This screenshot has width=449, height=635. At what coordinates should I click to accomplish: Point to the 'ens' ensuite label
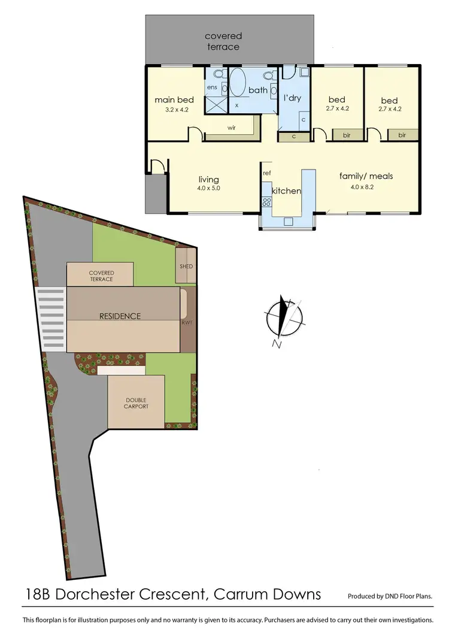point(212,87)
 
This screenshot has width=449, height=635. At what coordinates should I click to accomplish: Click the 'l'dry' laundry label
point(292,98)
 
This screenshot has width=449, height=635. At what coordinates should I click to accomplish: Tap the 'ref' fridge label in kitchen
point(267,173)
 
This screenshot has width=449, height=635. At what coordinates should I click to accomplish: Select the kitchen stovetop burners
point(266,201)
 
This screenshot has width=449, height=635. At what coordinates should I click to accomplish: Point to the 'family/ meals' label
point(366,176)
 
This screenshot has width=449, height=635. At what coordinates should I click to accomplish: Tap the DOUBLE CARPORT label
point(136,403)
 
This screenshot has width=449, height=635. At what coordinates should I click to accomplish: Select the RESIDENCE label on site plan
point(120,316)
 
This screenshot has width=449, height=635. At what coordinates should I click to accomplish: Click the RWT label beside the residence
point(187,323)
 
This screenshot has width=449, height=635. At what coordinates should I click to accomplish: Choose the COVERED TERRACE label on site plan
point(101,276)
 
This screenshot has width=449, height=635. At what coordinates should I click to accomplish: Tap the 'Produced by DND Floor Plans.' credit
point(390,596)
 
